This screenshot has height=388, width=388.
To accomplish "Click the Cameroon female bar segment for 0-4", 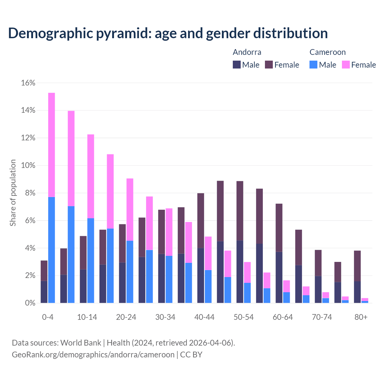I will point(52,145).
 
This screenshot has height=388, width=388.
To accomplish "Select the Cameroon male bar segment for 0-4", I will point(52,250).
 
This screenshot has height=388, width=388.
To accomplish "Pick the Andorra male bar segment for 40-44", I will point(201,275).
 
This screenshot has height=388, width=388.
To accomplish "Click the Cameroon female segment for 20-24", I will point(130,209).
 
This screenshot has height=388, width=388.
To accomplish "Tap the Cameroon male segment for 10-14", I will point(91,260).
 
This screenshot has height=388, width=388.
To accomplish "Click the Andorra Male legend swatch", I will point(237,65).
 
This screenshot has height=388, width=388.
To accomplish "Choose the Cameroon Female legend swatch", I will point(346,65).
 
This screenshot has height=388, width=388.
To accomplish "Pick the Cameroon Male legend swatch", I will point(313,65).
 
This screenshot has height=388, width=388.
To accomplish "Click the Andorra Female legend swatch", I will point(269,65).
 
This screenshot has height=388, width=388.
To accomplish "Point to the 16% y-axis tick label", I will point(28,83).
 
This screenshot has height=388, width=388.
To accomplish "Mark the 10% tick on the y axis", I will point(28,166).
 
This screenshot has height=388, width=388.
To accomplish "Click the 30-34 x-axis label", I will point(165,317).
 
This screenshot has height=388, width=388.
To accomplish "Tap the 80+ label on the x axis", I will point(361,317).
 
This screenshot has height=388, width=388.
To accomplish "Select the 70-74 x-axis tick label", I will point(322,317).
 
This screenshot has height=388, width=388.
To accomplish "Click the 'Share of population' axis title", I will point(13,193).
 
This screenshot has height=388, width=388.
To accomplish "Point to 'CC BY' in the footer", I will point(191,354).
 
